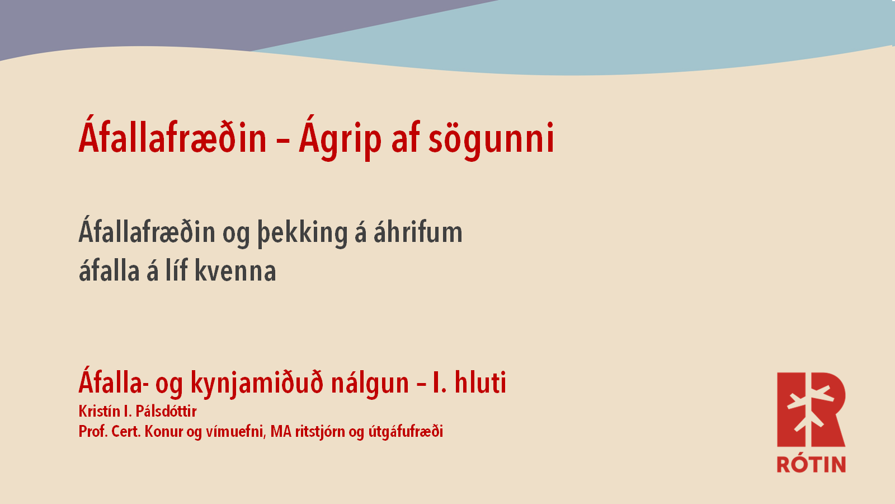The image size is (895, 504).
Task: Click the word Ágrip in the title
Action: tap(340, 138)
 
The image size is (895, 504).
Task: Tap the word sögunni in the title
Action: tap(492, 139)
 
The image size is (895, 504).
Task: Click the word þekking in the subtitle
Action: tap(303, 232)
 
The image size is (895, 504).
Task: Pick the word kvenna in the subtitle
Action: tap(235, 271)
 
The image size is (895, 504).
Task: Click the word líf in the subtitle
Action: tap(177, 269)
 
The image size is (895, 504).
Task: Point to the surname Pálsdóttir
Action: tap(166, 411)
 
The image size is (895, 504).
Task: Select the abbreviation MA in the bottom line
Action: tap(281, 432)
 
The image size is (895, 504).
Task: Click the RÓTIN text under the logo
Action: tap(811, 464)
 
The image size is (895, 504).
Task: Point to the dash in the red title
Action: tap(282, 141)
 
